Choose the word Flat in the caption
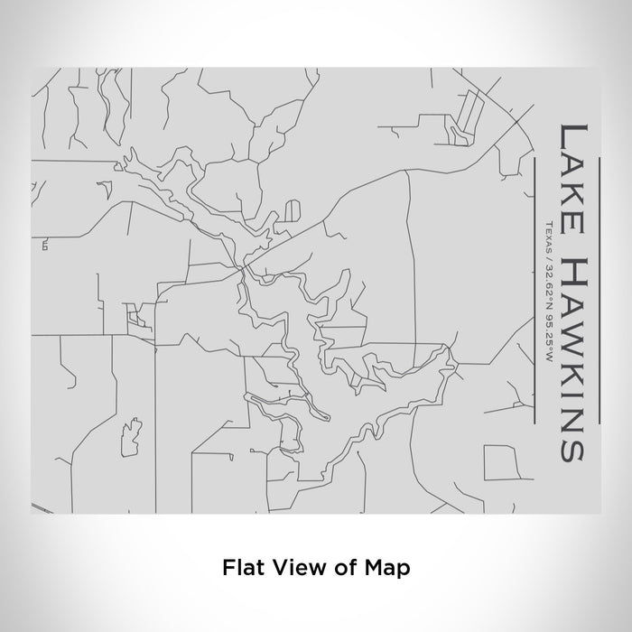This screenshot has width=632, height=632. [x=241, y=568]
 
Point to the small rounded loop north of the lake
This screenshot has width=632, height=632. [x=292, y=211]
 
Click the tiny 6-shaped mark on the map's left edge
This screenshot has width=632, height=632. [x=43, y=244]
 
